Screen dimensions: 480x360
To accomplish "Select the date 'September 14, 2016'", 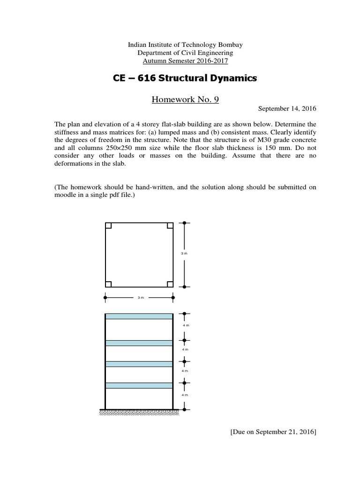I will [287, 109].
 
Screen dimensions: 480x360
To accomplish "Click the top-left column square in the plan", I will [108, 225].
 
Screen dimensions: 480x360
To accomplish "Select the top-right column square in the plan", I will [170, 225].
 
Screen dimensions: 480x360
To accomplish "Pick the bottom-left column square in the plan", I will [108, 284].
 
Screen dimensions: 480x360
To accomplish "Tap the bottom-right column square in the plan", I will [170, 284].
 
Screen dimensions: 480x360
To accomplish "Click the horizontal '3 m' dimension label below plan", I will [140, 298].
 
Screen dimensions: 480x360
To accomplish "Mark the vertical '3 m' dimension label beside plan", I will [185, 253].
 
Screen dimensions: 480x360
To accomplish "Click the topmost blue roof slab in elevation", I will [139, 316].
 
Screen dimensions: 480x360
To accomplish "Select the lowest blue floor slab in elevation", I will [139, 385].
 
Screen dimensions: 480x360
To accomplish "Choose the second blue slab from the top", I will [139, 343].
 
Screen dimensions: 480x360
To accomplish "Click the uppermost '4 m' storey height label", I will [185, 325].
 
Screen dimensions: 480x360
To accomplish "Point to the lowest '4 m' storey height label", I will [185, 395].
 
